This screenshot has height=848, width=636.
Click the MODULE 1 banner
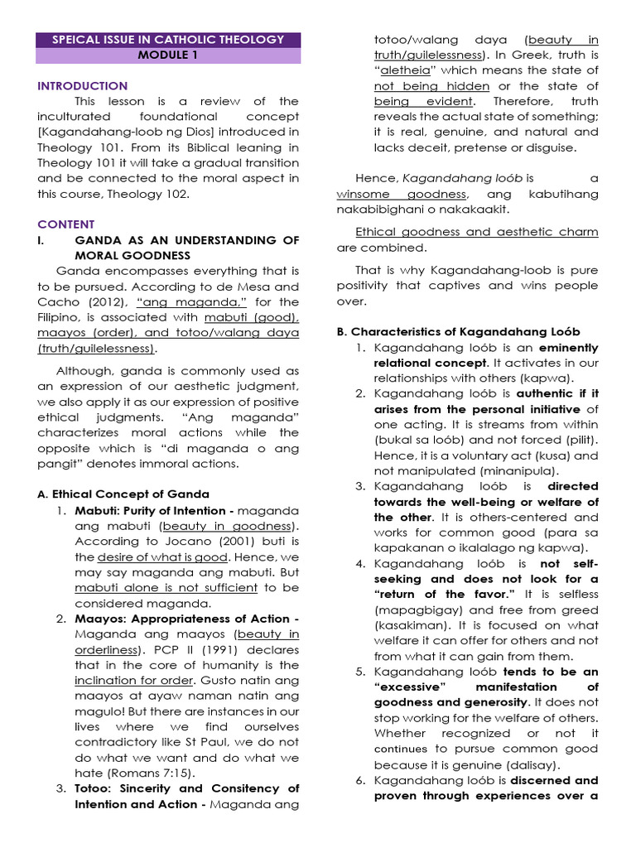(168, 55)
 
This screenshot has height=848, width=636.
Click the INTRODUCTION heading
(82, 86)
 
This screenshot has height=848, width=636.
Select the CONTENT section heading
(65, 224)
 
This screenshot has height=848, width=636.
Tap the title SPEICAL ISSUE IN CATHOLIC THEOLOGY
(168, 39)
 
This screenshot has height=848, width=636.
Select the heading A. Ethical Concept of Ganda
(123, 494)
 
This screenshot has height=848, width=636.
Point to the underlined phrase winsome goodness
(402, 194)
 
